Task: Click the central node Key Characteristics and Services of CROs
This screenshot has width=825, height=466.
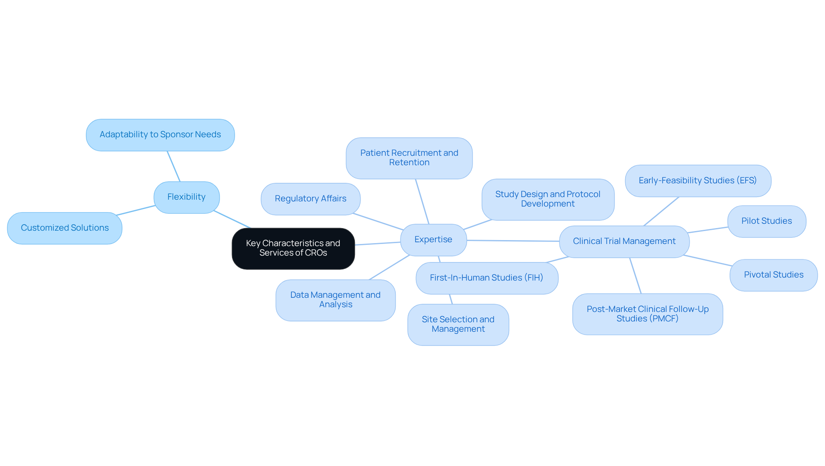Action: (x=293, y=248)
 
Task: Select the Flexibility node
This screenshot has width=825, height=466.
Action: (x=186, y=197)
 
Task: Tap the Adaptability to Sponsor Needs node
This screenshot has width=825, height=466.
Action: (x=160, y=135)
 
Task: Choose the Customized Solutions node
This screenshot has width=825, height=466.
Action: (x=65, y=228)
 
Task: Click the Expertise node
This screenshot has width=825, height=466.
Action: (x=433, y=240)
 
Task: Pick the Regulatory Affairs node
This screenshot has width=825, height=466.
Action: (x=310, y=199)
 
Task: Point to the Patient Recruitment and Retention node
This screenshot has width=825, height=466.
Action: (x=409, y=158)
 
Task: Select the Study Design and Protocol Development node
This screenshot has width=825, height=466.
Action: (x=548, y=199)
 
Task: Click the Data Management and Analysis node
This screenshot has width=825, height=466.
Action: (x=335, y=300)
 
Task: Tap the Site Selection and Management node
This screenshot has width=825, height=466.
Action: (x=458, y=324)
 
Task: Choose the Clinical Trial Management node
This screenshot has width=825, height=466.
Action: (x=624, y=241)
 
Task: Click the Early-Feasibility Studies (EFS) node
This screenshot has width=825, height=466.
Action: (x=697, y=181)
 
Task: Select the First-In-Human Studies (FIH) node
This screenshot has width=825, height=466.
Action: (x=486, y=278)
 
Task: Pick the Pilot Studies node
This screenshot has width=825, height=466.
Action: (x=767, y=221)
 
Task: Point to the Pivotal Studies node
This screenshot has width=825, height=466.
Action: (x=773, y=275)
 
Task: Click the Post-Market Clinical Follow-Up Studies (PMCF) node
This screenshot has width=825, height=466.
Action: (x=648, y=314)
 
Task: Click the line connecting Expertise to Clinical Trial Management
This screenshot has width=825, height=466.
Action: (x=513, y=241)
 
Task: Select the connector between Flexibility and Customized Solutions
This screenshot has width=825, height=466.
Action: (x=136, y=210)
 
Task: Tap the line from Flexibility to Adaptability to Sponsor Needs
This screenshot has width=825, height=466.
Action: (x=174, y=167)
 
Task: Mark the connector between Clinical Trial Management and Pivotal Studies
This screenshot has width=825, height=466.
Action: (x=708, y=261)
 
